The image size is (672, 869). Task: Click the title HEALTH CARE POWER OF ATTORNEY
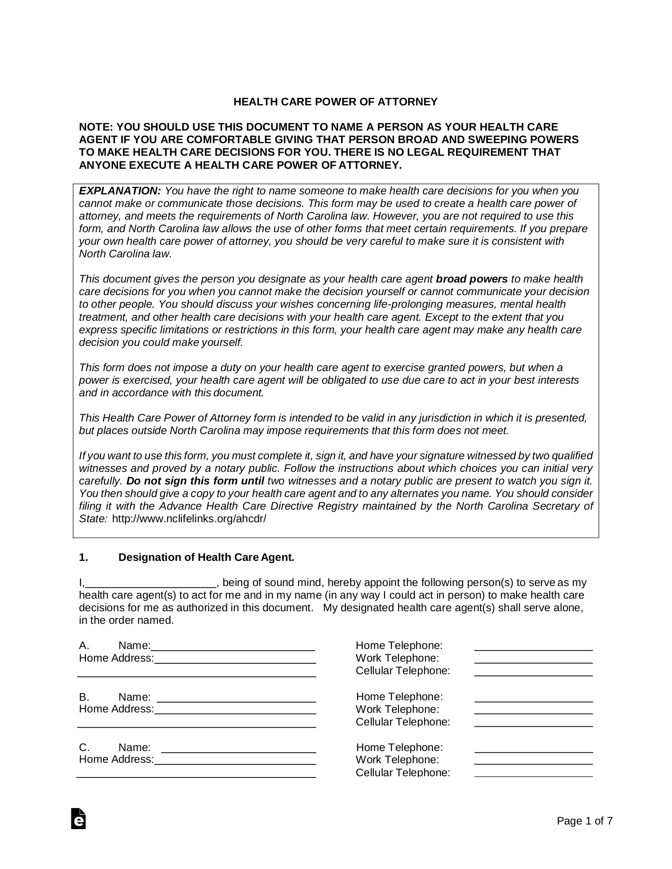coord(335,102)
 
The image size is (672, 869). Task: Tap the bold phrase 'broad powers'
coord(472,279)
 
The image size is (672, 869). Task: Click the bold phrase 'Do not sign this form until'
coord(195,481)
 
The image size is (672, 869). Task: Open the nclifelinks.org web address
coord(189,519)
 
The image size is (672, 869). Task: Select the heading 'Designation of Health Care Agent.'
coord(206,558)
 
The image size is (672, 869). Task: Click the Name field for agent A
coord(233,647)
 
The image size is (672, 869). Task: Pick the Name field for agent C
coord(239,748)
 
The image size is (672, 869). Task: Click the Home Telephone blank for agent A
coord(533,647)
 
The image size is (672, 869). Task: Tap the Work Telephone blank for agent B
coord(533,710)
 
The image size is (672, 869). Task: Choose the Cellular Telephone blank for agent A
coord(533,672)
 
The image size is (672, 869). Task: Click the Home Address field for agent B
coord(235,710)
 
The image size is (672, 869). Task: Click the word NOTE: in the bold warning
coord(96,127)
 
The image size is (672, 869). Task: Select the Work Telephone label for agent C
coord(397,760)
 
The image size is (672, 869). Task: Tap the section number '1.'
coord(84,558)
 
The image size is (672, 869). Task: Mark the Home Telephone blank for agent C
coord(533,748)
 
